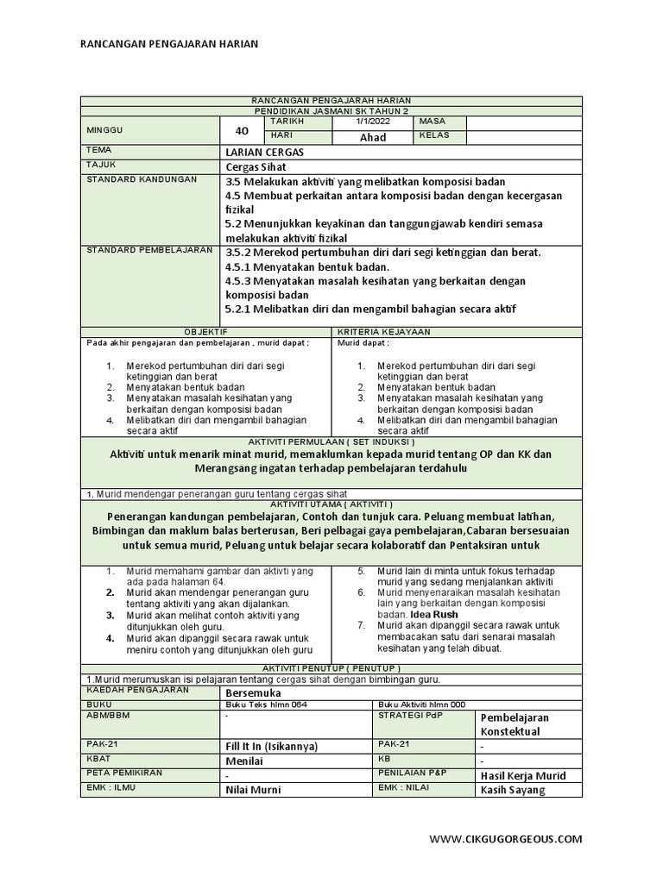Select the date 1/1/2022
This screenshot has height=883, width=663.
coord(373,122)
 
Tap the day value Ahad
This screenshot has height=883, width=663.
coord(373,137)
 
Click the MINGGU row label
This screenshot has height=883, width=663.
coord(105,129)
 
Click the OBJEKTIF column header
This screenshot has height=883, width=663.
coord(206,331)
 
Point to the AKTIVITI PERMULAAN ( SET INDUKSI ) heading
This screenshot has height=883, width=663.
coord(331,440)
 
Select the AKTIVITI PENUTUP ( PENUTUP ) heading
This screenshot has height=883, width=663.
coord(331,668)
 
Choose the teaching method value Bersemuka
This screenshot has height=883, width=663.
coord(252,692)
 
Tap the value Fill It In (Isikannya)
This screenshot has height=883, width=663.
coord(271,746)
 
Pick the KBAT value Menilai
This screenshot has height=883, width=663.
coord(243,761)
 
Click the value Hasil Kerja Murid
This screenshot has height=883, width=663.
coord(523,775)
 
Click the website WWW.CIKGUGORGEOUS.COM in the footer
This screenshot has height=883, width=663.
coord(505,838)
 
